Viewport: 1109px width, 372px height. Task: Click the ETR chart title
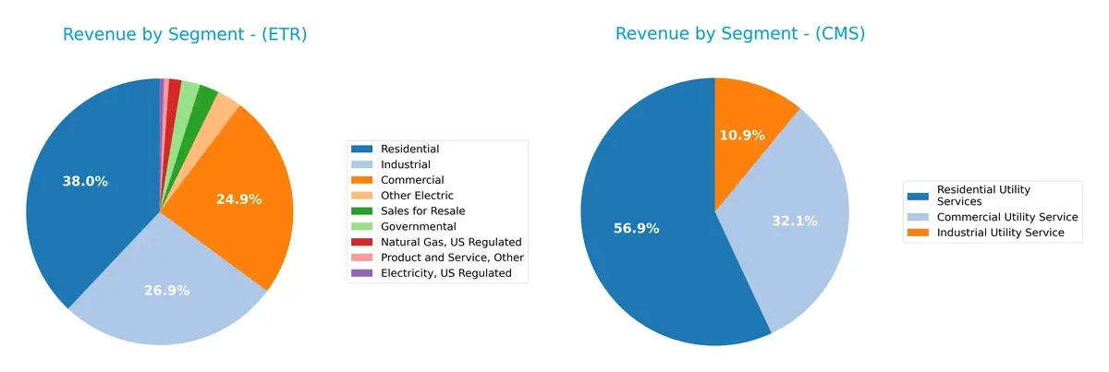coord(185,35)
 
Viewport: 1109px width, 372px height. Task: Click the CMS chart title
coord(740,34)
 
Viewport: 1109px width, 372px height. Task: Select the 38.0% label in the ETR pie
coord(85,182)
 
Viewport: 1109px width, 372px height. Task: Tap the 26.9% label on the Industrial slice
coord(166,291)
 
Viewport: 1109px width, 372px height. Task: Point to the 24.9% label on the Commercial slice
coord(238,198)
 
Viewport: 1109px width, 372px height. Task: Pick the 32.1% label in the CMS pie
coord(793,222)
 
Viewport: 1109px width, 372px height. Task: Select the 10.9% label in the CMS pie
coord(742,136)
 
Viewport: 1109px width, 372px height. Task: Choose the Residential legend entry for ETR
coord(409,149)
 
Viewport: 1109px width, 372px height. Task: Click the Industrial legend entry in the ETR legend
coord(405,164)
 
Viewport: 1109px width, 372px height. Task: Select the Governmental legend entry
coord(418,226)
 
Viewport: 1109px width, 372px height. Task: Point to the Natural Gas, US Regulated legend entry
coord(451,242)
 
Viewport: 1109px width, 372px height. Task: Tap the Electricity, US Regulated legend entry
coord(445,273)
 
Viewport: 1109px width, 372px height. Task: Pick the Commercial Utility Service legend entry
coord(1007,217)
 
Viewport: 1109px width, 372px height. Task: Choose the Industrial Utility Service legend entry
coord(1001,233)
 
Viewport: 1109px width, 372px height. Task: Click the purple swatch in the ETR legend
coord(362,273)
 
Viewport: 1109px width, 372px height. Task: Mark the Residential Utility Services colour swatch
coord(920,195)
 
